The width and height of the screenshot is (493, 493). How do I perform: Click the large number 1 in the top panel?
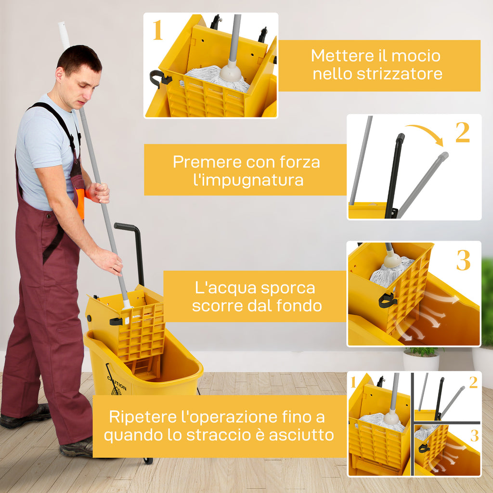click(158, 30)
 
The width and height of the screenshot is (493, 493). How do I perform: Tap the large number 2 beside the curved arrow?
click(462, 132)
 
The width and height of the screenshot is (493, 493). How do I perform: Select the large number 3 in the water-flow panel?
click(463, 260)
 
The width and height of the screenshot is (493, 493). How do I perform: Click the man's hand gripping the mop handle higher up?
click(99, 193)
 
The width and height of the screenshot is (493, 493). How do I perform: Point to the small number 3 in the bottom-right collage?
click(474, 436)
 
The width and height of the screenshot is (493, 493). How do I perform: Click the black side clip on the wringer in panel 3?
click(388, 300)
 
